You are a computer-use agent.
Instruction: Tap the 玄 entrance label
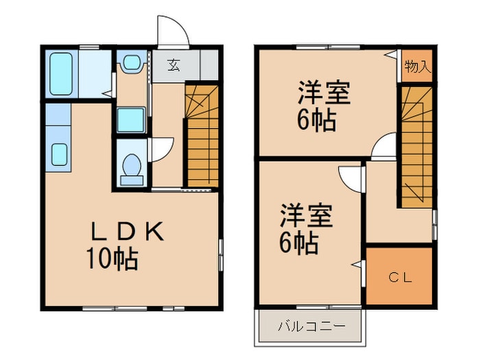point(174,66)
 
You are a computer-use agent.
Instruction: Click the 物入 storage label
point(417,67)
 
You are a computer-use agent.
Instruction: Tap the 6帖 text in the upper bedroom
point(316,121)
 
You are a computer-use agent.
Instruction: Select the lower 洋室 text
point(306,215)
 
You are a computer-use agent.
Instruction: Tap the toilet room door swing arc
point(162,149)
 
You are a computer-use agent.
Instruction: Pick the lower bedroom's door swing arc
point(350,177)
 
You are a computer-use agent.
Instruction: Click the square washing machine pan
point(130,119)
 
